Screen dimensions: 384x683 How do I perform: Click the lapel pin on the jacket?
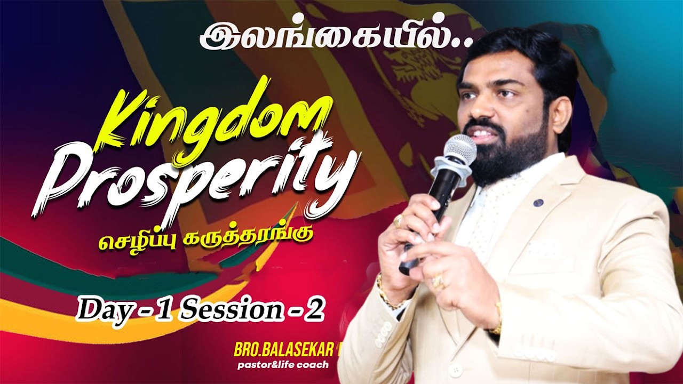538,203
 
